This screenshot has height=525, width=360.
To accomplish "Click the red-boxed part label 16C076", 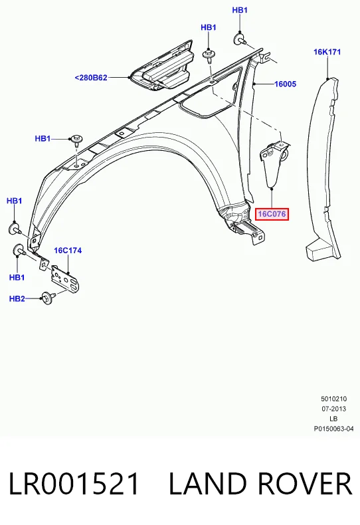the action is click(x=272, y=213).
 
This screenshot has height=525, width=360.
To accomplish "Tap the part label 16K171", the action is click(x=327, y=52).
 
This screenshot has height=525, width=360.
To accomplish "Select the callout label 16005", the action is click(x=285, y=84).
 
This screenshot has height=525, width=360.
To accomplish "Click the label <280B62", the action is click(x=91, y=78).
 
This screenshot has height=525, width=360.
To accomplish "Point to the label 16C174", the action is click(x=68, y=251).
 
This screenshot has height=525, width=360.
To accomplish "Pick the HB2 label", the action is click(x=17, y=298).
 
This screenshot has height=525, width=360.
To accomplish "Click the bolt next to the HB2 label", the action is click(x=48, y=298).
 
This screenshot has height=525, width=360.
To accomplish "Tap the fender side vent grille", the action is click(x=162, y=66).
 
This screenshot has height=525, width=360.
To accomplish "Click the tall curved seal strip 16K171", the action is click(x=321, y=167).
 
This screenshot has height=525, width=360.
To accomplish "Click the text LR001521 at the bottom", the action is click(x=73, y=484).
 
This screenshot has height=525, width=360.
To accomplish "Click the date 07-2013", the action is click(x=333, y=409).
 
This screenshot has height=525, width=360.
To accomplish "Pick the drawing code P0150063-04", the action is click(x=333, y=429).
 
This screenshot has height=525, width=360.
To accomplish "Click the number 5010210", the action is click(x=333, y=399).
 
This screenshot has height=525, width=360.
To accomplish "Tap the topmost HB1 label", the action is click(x=240, y=11).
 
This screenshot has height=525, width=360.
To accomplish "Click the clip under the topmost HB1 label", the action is click(x=240, y=39).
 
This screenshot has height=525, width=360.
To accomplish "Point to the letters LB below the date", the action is click(x=333, y=419).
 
